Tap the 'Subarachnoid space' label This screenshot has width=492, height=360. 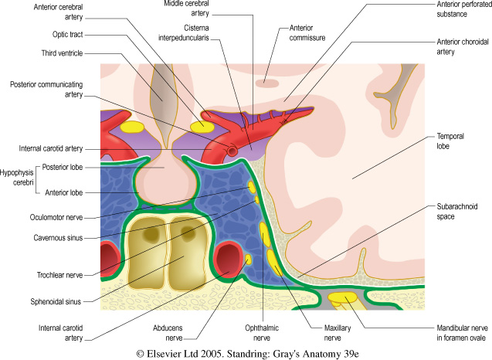(x=456, y=212)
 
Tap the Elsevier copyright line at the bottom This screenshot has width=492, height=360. (x=246, y=352)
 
